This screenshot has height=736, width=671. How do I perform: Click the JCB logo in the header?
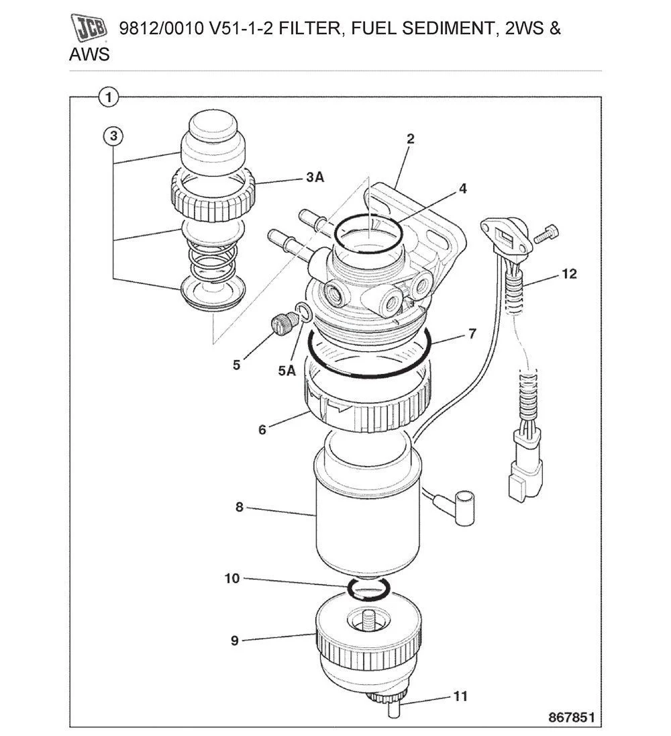pyautogui.click(x=89, y=30)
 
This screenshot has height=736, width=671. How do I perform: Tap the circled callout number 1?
pyautogui.click(x=109, y=97)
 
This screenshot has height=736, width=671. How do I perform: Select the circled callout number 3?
pyautogui.click(x=113, y=136)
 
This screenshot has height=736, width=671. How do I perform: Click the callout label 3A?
pyautogui.click(x=315, y=177)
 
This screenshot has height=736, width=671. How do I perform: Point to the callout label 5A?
pyautogui.click(x=287, y=370)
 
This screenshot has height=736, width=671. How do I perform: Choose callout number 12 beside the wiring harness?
pyautogui.click(x=570, y=274)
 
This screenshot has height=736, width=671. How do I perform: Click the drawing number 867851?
pyautogui.click(x=572, y=717)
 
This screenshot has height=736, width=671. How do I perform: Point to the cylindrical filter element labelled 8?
pyautogui.click(x=362, y=517)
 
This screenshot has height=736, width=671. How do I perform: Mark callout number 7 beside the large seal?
pyautogui.click(x=472, y=334)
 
